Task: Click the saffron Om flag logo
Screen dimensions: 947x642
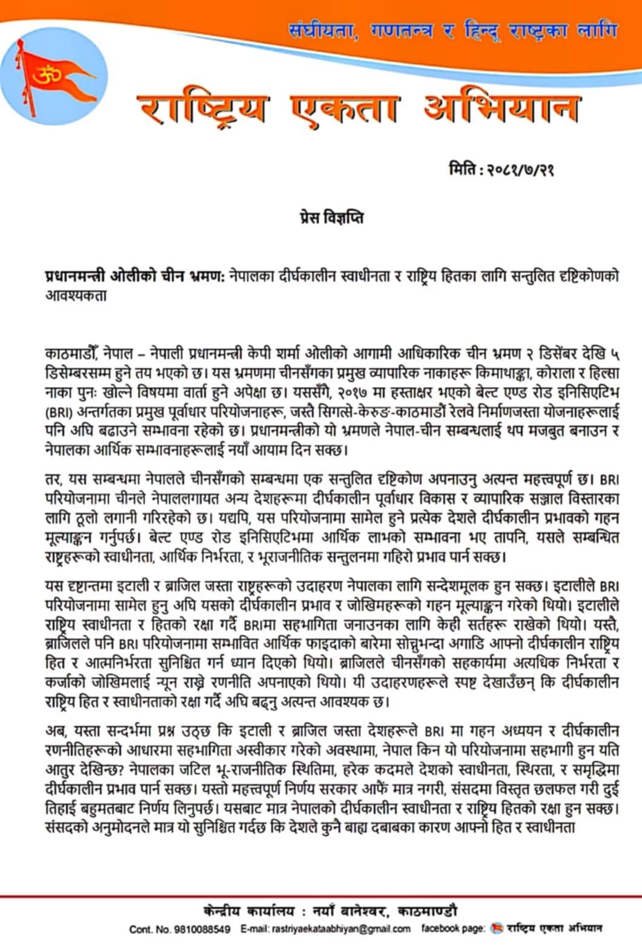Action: (53, 79)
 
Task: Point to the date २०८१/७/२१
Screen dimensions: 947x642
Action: (520, 170)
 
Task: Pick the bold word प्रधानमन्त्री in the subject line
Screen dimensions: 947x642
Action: (76, 277)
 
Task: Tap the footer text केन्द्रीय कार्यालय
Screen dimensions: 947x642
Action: (250, 911)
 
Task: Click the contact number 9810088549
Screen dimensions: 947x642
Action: (202, 929)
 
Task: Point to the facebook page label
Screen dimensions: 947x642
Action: (453, 928)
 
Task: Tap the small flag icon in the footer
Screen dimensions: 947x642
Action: (497, 928)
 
